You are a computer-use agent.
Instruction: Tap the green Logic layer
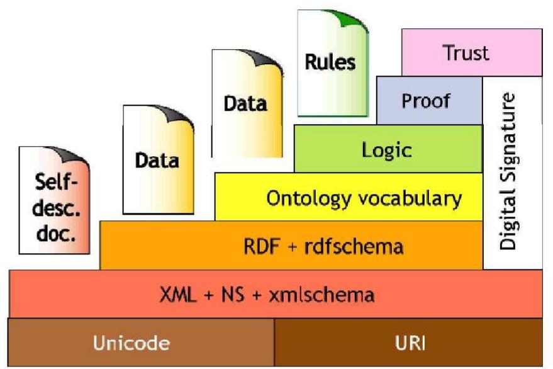point(387,149)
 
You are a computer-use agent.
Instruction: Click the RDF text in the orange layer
point(259,246)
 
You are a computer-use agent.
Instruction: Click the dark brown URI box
point(408,343)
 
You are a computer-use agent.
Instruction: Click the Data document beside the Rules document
point(245,104)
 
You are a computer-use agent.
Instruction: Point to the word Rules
point(330,62)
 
